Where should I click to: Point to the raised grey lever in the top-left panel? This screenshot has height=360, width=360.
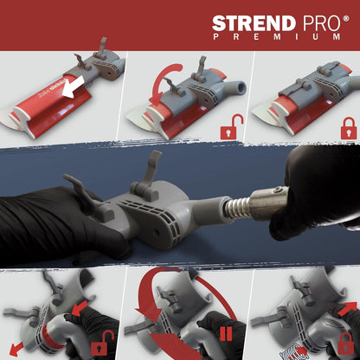(x=101, y=47)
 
